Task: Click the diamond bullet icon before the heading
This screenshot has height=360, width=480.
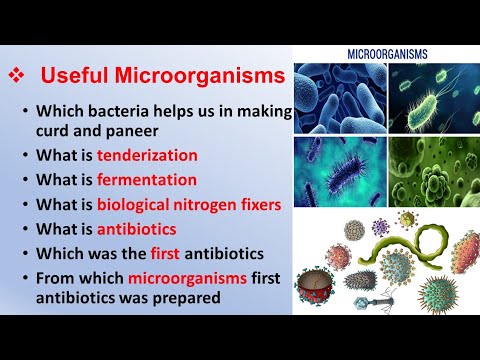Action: [17, 75]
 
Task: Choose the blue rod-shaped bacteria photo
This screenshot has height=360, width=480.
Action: [340, 97]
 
